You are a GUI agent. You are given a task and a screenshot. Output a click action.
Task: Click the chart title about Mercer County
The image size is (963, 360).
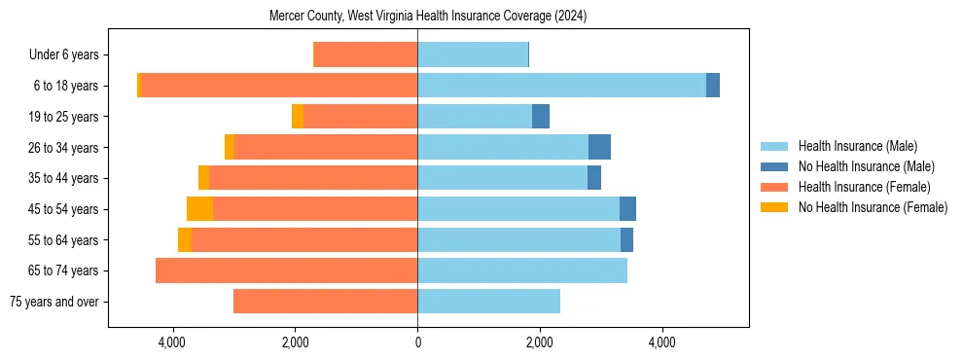click(x=428, y=17)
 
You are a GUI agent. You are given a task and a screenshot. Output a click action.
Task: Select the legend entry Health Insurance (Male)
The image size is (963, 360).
click(x=857, y=146)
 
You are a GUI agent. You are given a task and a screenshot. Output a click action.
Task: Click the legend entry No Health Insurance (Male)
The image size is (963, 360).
click(x=866, y=166)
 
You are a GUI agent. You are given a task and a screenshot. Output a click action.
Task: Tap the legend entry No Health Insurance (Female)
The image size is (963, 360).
click(x=873, y=207)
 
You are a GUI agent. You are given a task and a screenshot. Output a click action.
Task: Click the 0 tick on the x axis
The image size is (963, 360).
click(x=417, y=342)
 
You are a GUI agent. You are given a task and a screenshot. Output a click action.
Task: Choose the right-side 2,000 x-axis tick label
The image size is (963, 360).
click(x=540, y=342)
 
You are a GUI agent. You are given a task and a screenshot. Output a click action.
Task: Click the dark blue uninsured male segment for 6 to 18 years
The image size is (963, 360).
click(x=713, y=86)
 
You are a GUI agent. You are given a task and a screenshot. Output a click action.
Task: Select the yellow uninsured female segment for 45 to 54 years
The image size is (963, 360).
click(x=199, y=209)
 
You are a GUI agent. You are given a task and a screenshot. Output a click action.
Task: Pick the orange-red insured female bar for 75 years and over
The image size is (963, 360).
click(x=326, y=302)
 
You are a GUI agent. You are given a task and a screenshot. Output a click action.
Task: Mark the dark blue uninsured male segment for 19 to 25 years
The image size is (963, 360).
click(x=541, y=117)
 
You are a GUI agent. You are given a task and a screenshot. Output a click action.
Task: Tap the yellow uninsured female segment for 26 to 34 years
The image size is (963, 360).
click(x=230, y=147)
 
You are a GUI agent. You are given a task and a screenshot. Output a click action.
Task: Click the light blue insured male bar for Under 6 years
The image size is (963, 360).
click(x=473, y=55)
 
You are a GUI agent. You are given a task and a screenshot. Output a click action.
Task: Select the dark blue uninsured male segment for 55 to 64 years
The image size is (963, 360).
click(x=626, y=239)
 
